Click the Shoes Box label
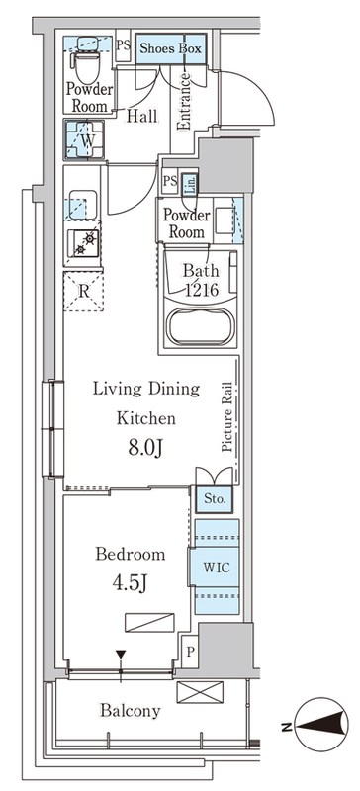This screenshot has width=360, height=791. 170,48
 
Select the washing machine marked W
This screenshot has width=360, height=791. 84,139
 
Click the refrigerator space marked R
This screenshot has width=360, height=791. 83,291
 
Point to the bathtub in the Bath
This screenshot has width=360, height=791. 202,326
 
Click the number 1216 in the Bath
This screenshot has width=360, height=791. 201,290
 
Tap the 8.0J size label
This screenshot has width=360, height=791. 144,449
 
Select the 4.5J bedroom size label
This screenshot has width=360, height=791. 130,583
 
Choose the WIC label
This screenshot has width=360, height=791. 217,567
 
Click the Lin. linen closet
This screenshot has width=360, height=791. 189,183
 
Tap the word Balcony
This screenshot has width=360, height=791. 131,711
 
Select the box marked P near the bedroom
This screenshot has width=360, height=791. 190,652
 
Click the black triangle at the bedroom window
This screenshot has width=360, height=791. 121,655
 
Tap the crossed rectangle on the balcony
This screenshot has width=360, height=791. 200,691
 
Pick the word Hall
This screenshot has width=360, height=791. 141,116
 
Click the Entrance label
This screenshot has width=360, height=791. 184,102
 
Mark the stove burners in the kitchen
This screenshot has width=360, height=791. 84,243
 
